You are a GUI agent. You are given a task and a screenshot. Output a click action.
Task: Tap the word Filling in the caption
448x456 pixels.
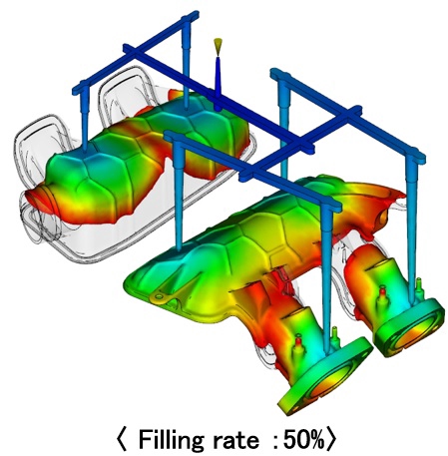[x=171, y=439]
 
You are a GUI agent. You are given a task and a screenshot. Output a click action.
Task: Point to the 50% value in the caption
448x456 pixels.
[x=303, y=439]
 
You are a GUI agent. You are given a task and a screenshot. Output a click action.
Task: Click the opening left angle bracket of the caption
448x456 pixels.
[x=122, y=439]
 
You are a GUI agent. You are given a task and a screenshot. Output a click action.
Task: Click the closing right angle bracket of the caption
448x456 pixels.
[x=331, y=439]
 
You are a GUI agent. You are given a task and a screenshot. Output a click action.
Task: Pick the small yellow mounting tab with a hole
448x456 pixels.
[x=161, y=297]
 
